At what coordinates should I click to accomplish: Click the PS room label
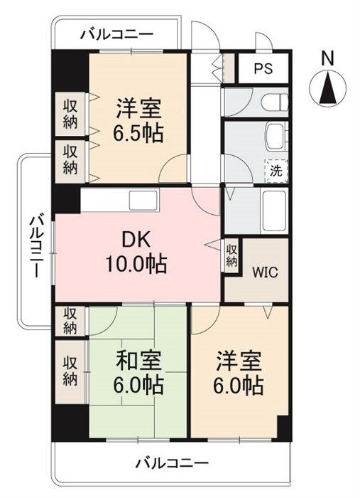(x=263, y=68)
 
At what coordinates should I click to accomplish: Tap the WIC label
(x=265, y=272)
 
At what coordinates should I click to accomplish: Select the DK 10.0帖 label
(x=136, y=253)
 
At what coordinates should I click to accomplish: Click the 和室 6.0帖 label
(x=139, y=372)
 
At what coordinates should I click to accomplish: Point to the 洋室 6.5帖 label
(x=139, y=121)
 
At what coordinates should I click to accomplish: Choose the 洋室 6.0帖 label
(x=239, y=373)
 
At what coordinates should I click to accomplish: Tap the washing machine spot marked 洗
(x=276, y=171)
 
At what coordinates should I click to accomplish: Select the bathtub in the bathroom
(x=273, y=211)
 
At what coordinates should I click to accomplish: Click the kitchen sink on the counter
(x=143, y=201)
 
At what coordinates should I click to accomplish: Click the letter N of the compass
(x=327, y=59)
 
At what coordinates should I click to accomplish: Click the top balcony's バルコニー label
(x=116, y=34)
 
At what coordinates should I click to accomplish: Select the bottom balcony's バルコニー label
(x=172, y=462)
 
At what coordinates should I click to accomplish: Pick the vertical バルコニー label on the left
(x=36, y=246)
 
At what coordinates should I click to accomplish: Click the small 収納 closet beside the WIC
(x=231, y=256)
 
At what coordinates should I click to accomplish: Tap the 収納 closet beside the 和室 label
(x=70, y=371)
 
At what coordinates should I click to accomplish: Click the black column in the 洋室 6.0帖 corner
(x=283, y=428)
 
